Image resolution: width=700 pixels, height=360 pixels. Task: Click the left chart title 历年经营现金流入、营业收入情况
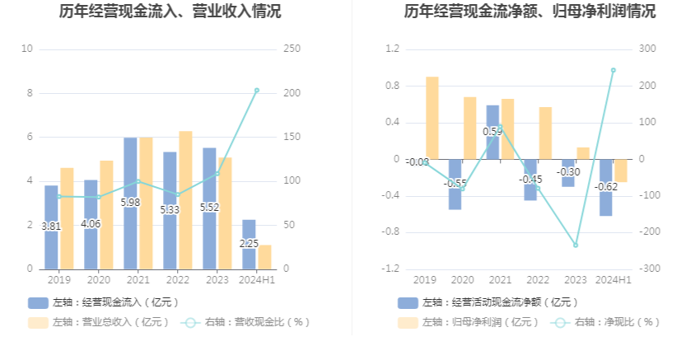pos(170,12)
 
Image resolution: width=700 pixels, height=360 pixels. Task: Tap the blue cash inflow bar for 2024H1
pos(249,244)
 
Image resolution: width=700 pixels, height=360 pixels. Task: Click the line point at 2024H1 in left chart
pos(256,90)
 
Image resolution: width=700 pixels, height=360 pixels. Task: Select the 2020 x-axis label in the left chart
pos(98,280)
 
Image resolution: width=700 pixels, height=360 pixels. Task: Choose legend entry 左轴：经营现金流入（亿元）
pos(105,302)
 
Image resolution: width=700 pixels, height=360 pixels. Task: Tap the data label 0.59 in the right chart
pos(492,132)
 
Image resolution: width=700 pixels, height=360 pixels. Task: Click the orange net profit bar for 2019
pos(432,117)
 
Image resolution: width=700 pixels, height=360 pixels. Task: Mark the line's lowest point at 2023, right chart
pos(576,245)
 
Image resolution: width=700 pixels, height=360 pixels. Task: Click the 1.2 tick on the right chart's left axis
pos(391,49)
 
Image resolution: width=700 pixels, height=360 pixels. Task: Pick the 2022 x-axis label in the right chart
pos(538,280)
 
